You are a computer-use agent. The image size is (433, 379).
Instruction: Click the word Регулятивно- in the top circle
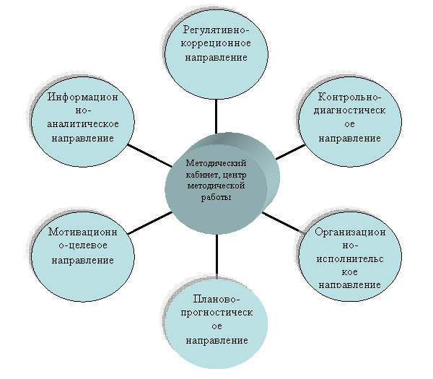tap(216, 30)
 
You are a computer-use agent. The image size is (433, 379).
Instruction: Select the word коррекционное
tap(216, 43)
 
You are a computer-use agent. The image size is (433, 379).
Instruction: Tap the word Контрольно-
tap(349, 97)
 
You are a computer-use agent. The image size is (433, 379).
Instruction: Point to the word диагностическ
tap(349, 110)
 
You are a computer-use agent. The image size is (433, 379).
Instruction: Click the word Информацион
tap(82, 97)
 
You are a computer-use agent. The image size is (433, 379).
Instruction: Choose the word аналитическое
tap(82, 123)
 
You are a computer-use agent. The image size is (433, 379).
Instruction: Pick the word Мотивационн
tap(82, 232)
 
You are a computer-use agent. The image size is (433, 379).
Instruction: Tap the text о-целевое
tap(82, 245)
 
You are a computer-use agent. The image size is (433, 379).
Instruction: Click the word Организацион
tap(350, 232)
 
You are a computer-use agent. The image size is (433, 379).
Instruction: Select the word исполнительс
tap(350, 259)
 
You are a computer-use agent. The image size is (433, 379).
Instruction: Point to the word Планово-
tap(216, 299)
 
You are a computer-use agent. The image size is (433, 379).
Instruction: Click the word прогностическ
tap(216, 313)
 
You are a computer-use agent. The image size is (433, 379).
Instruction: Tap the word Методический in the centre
tap(216, 163)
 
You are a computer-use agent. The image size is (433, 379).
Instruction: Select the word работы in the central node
tap(216, 197)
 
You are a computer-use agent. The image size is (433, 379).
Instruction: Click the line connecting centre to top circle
tap(216, 116)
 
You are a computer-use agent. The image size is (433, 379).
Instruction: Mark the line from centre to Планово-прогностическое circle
tap(216, 256)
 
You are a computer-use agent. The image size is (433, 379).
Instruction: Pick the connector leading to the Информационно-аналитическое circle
tap(149, 155)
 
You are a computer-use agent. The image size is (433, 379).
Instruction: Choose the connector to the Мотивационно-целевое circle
tap(150, 223)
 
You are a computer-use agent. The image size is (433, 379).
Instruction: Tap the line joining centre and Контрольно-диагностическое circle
tap(291, 152)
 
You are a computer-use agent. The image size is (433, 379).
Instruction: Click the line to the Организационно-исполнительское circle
tap(281, 222)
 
